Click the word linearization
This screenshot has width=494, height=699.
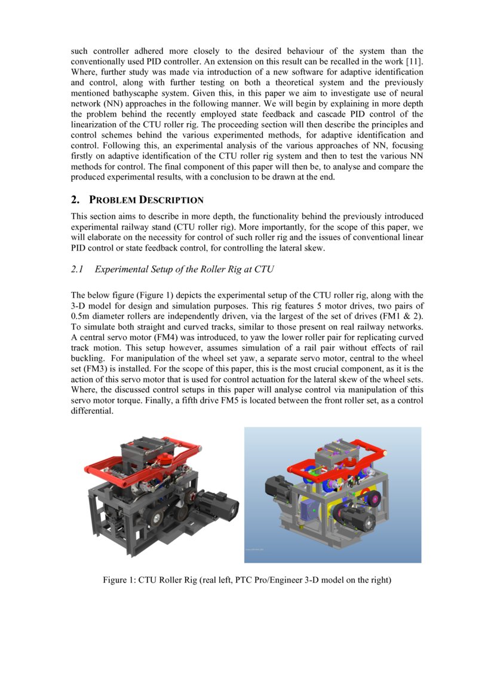point(98,124)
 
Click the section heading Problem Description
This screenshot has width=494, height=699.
point(146,200)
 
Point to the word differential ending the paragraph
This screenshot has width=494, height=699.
point(91,411)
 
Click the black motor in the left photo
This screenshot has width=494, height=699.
point(217,500)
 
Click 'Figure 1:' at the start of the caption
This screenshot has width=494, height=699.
point(119,580)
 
